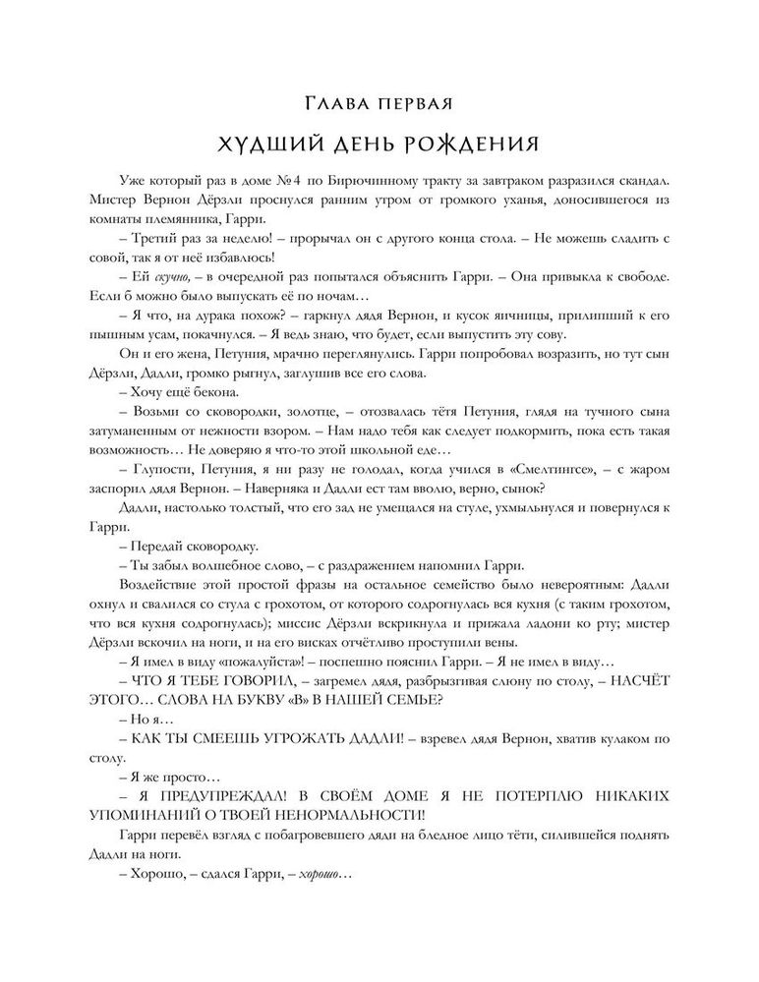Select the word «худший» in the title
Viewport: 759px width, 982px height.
[274, 144]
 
